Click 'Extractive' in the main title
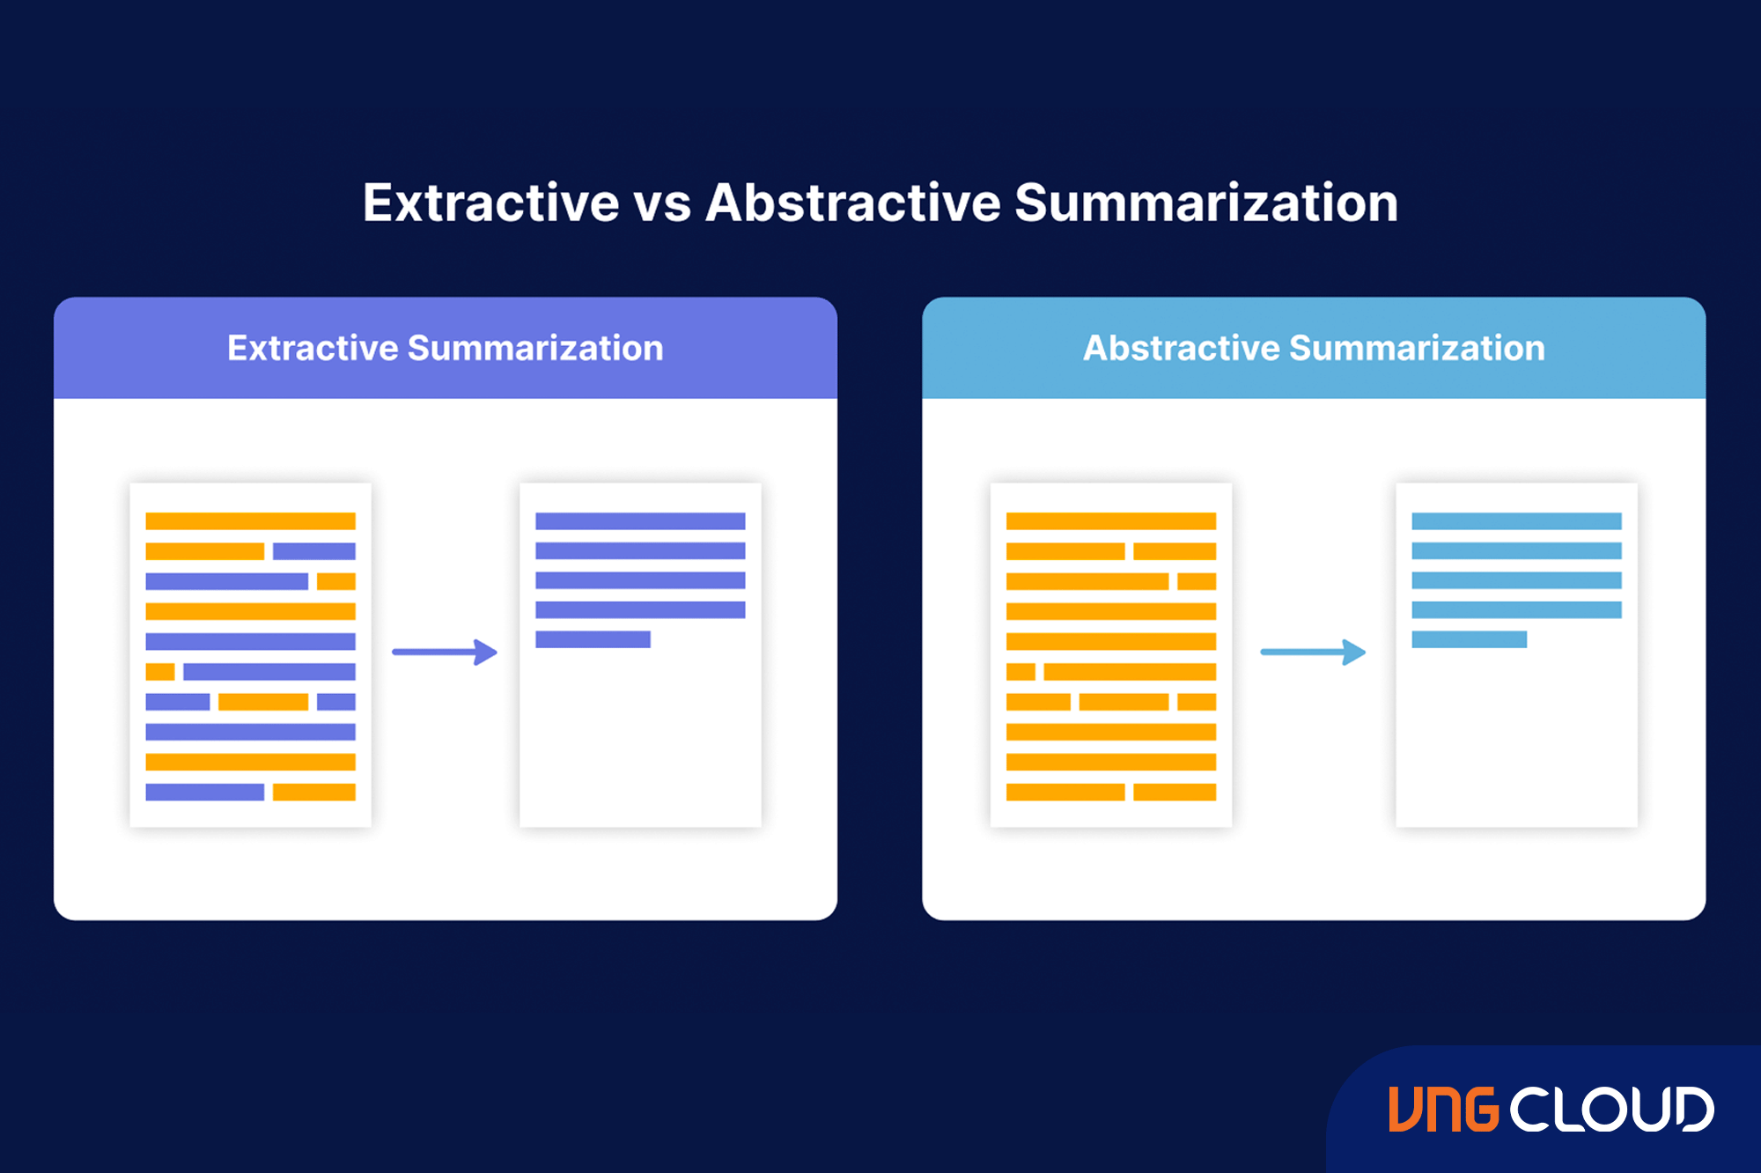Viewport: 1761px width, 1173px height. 491,203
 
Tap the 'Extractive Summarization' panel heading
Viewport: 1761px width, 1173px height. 446,348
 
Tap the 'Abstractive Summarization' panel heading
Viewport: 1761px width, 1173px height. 1314,348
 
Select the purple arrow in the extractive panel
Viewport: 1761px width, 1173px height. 445,652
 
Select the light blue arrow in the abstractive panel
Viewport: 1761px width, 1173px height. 1313,652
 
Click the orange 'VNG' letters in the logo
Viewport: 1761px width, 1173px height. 1443,1109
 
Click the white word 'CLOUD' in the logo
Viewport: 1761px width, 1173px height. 1612,1109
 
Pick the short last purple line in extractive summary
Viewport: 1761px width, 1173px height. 593,639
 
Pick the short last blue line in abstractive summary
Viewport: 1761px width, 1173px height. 1469,639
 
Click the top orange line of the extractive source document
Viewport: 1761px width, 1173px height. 250,521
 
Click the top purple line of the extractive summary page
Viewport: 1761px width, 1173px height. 640,521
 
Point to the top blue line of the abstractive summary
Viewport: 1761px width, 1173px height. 1516,521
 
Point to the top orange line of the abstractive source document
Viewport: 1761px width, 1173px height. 1111,521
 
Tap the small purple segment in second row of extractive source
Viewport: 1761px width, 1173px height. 314,551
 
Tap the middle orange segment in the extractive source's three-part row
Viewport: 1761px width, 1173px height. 263,702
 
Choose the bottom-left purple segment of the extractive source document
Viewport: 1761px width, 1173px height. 204,792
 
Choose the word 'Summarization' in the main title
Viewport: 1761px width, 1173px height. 1206,203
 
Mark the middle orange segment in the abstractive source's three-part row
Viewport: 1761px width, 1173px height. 1124,702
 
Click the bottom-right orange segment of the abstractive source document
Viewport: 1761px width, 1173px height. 1175,792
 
